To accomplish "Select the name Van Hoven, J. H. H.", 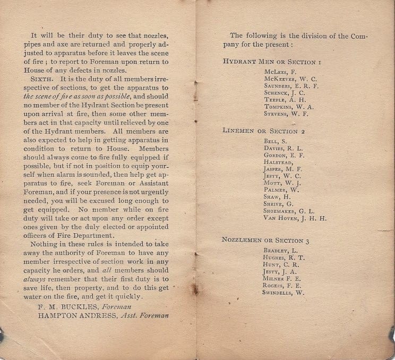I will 295,218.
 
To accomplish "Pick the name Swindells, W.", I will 284,293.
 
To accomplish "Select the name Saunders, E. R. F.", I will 290,85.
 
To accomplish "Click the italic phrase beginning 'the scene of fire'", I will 70,96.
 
